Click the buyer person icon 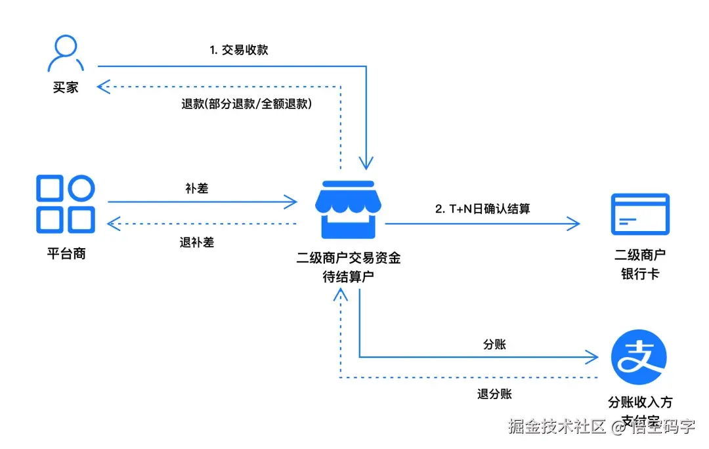[x=66, y=53]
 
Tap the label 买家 [x=66, y=87]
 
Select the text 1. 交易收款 [x=239, y=50]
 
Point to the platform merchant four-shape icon [x=66, y=204]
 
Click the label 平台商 [x=66, y=253]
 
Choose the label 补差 [x=197, y=188]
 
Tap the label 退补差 [x=197, y=242]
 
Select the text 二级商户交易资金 [x=348, y=258]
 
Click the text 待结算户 [x=348, y=276]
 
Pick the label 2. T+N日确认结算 [x=483, y=209]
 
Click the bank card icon [x=639, y=214]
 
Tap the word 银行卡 [x=639, y=274]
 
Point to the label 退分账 [x=494, y=394]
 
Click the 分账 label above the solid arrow [x=494, y=344]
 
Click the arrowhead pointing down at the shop [x=366, y=163]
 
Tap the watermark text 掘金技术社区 [x=557, y=427]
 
